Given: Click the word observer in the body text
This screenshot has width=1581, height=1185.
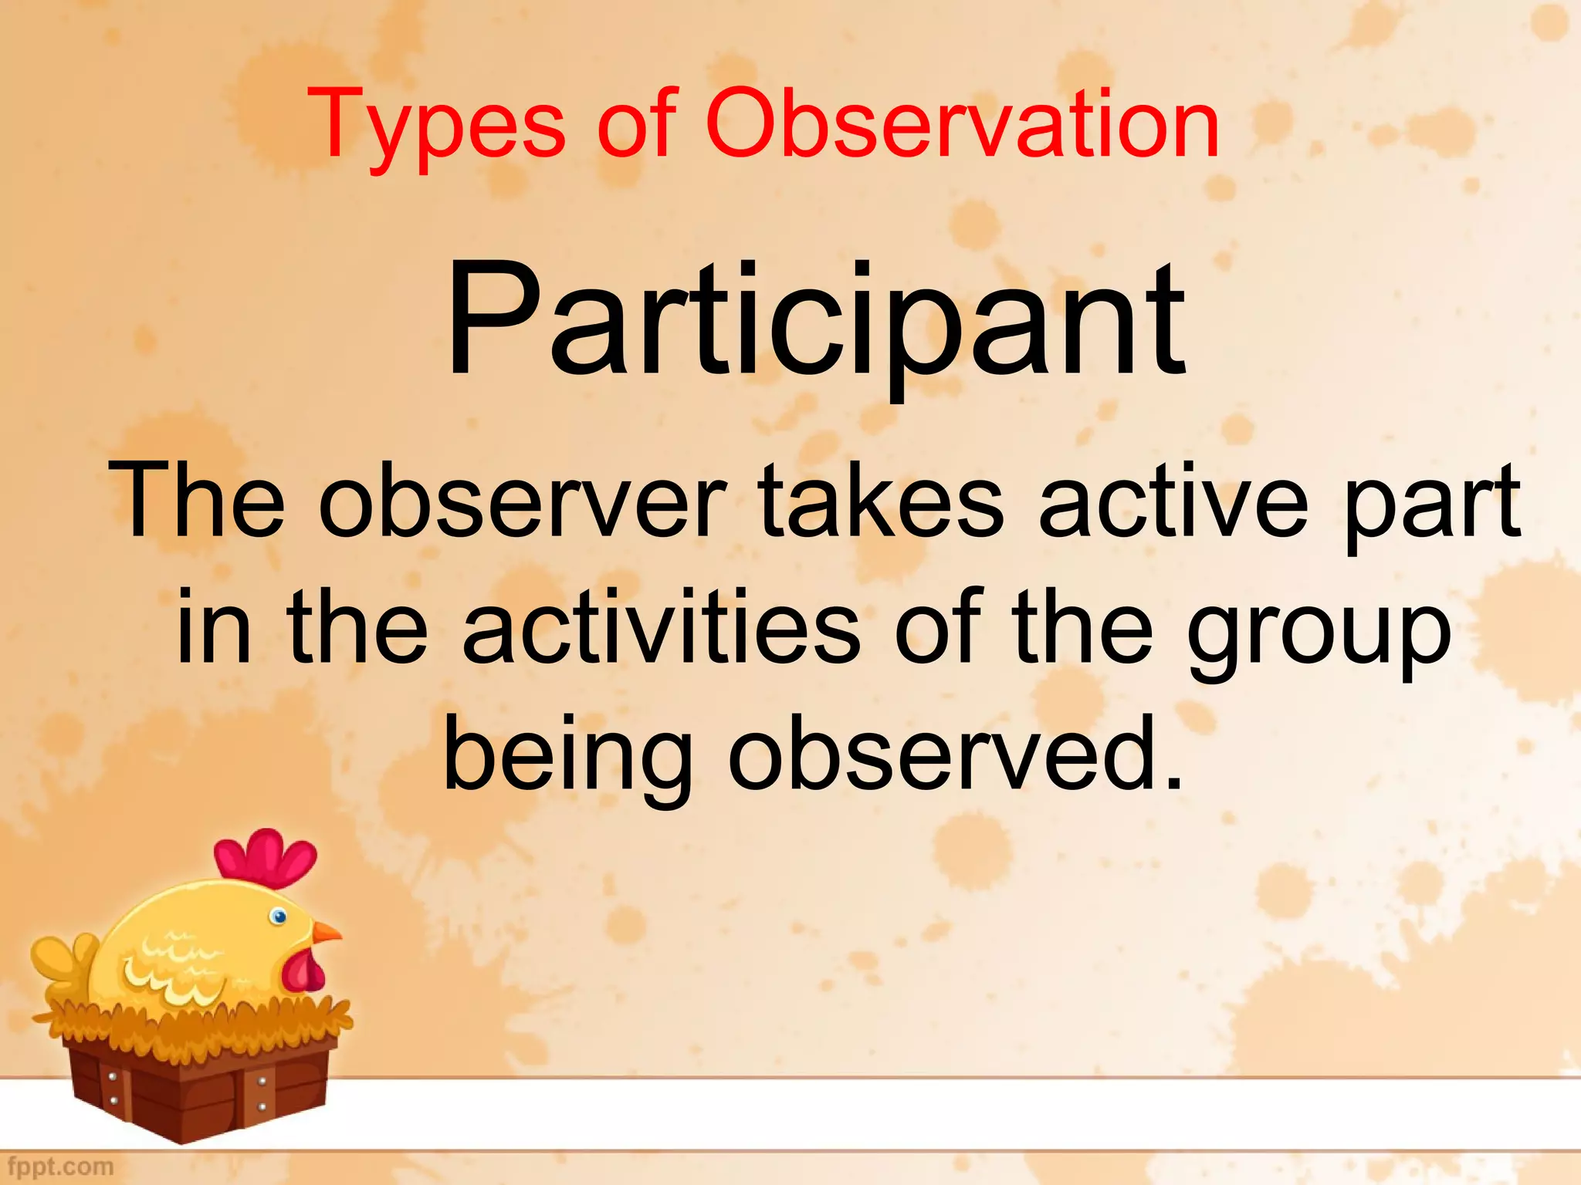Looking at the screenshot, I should (522, 501).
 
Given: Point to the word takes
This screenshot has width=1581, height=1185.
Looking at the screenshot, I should (880, 501).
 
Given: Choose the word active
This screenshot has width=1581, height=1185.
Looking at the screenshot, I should (1173, 501).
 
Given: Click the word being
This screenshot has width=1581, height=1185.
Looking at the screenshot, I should (567, 756).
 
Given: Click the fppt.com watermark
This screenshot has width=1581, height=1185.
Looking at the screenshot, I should (58, 1166).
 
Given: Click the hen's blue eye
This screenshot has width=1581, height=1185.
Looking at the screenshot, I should (279, 917).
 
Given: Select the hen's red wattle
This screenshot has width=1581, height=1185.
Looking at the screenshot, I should (303, 972).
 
